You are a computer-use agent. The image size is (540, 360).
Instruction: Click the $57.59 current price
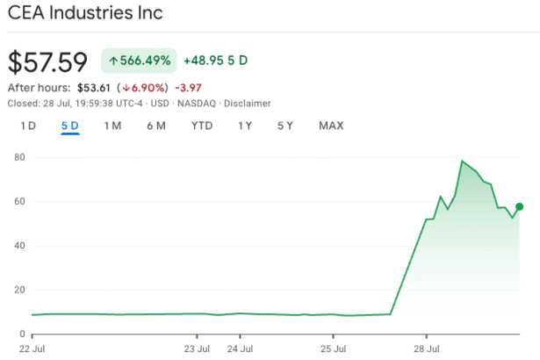[48, 62]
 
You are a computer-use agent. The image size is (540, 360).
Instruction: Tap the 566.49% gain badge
[140, 61]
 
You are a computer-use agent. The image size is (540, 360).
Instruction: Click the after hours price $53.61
[95, 88]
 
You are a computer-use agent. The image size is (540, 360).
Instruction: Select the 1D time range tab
[28, 126]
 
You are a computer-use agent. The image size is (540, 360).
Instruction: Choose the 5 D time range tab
[70, 126]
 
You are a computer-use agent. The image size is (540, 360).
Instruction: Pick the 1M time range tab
[112, 126]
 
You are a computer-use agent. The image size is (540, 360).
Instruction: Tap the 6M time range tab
[156, 126]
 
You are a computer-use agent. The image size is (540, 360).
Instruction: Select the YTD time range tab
[202, 126]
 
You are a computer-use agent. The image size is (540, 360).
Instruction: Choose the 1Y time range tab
[245, 126]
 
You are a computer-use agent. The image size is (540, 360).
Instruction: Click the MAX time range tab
[331, 126]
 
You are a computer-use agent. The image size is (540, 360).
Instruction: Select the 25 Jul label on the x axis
[334, 348]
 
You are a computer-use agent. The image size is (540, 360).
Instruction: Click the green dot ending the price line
[521, 206]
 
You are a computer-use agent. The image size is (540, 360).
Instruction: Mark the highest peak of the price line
[462, 162]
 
